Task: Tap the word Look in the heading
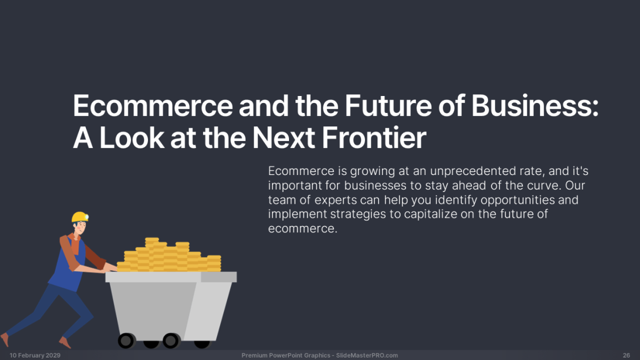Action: (132, 138)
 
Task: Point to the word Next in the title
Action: (283, 138)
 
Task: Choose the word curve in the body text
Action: (543, 186)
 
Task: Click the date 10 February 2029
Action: (35, 355)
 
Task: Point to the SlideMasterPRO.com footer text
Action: (367, 355)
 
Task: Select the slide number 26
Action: (627, 355)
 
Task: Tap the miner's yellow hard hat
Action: (79, 217)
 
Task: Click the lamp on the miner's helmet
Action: (87, 217)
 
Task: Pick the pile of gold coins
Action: (169, 255)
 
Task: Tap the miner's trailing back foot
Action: (5, 339)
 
